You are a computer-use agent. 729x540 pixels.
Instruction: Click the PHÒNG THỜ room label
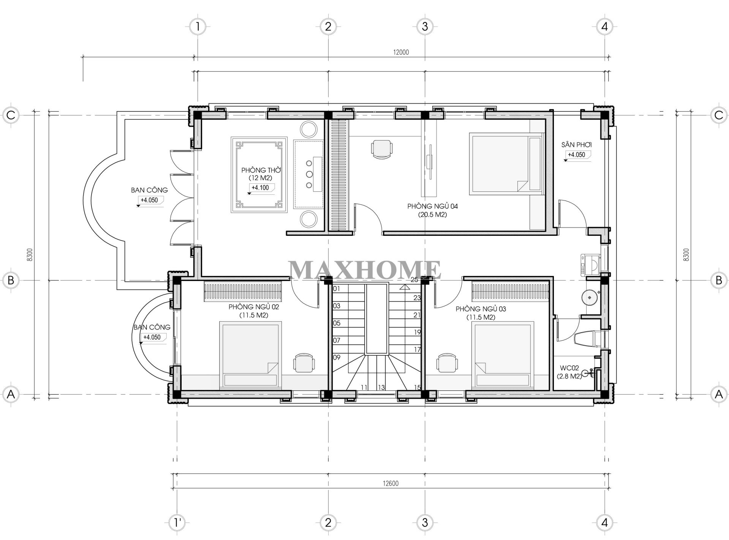click(261, 170)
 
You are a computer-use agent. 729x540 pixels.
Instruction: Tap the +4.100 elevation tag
click(260, 188)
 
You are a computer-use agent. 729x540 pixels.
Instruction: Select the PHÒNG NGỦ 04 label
click(433, 206)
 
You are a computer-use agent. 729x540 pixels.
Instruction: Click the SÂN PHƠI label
click(576, 145)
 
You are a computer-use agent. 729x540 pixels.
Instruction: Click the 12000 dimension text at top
click(401, 52)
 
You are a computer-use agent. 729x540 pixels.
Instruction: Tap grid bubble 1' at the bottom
click(177, 523)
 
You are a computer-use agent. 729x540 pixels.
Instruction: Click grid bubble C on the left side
click(11, 115)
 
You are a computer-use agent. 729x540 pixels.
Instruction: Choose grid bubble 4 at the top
click(604, 27)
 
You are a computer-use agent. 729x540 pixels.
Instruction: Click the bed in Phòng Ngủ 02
click(251, 355)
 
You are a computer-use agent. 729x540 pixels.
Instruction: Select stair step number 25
click(414, 280)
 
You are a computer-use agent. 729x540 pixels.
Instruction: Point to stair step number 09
click(337, 357)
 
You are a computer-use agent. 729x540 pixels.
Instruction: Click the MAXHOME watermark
click(365, 270)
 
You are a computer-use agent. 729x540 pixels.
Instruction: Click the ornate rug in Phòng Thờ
click(259, 175)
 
